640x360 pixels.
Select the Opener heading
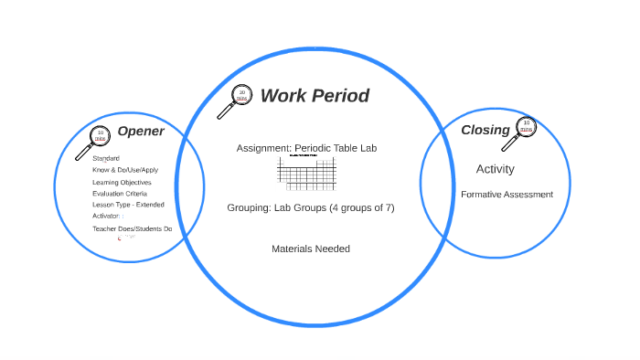(141, 132)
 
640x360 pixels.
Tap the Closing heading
(485, 130)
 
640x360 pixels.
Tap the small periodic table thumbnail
(312, 173)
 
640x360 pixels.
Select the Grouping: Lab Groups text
(311, 207)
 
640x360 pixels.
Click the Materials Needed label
(311, 249)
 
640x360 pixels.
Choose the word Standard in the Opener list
(106, 159)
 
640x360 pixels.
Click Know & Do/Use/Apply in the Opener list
(125, 171)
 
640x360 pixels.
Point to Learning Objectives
(122, 183)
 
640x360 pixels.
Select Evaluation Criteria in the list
(120, 194)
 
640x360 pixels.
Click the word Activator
(106, 217)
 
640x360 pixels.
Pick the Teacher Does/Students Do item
(132, 228)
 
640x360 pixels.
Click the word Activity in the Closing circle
(496, 169)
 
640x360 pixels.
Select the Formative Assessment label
(507, 195)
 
